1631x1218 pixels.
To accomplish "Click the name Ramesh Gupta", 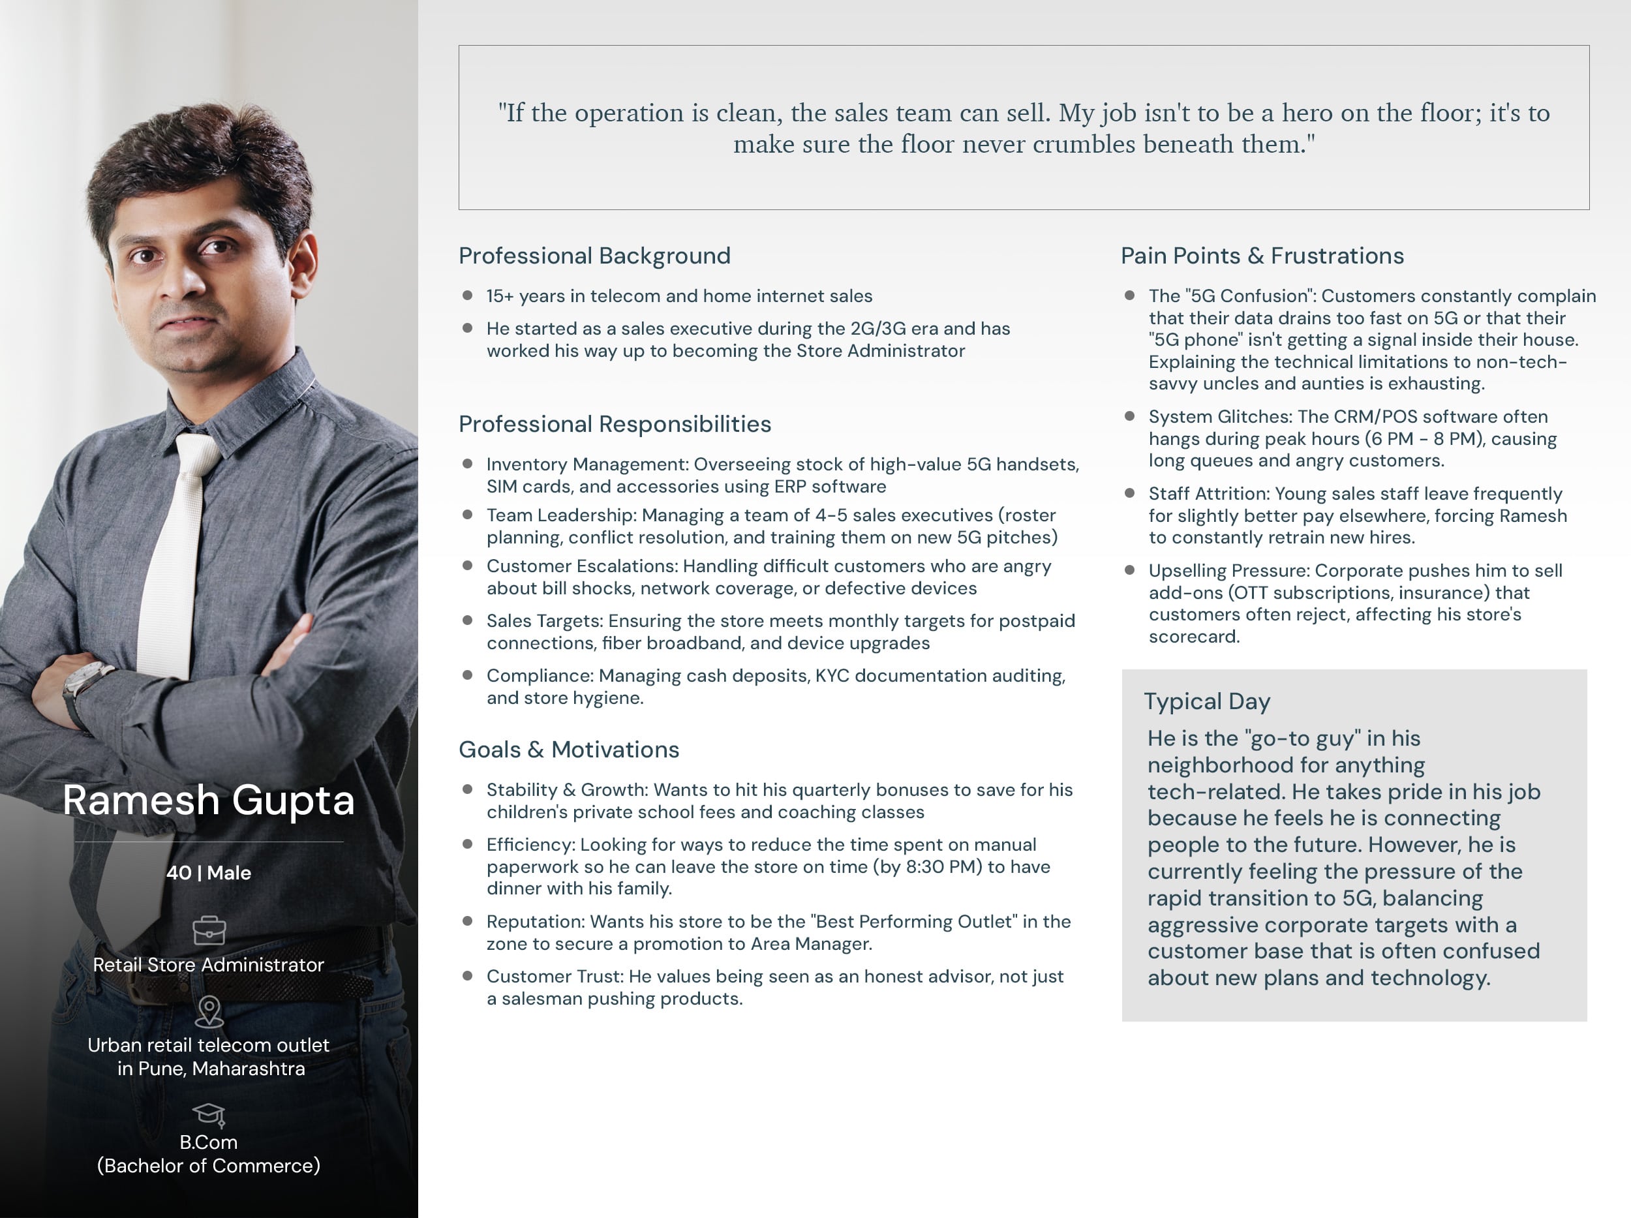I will coord(209,800).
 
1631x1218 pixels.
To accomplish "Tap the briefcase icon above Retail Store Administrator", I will coord(209,930).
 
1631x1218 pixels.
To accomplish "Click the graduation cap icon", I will coord(209,1114).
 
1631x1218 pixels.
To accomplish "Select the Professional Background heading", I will coord(594,256).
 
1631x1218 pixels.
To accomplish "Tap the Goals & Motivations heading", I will coord(568,750).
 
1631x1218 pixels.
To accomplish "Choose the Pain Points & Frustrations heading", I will coord(1262,256).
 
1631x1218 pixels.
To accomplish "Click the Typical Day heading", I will coord(1206,701).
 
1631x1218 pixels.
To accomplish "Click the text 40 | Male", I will coord(209,873).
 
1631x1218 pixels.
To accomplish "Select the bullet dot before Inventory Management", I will coord(466,464).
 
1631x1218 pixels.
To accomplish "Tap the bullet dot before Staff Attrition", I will coord(1129,493).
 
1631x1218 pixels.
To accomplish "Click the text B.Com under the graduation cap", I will coord(209,1142).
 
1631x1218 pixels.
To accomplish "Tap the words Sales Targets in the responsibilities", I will coord(544,621).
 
